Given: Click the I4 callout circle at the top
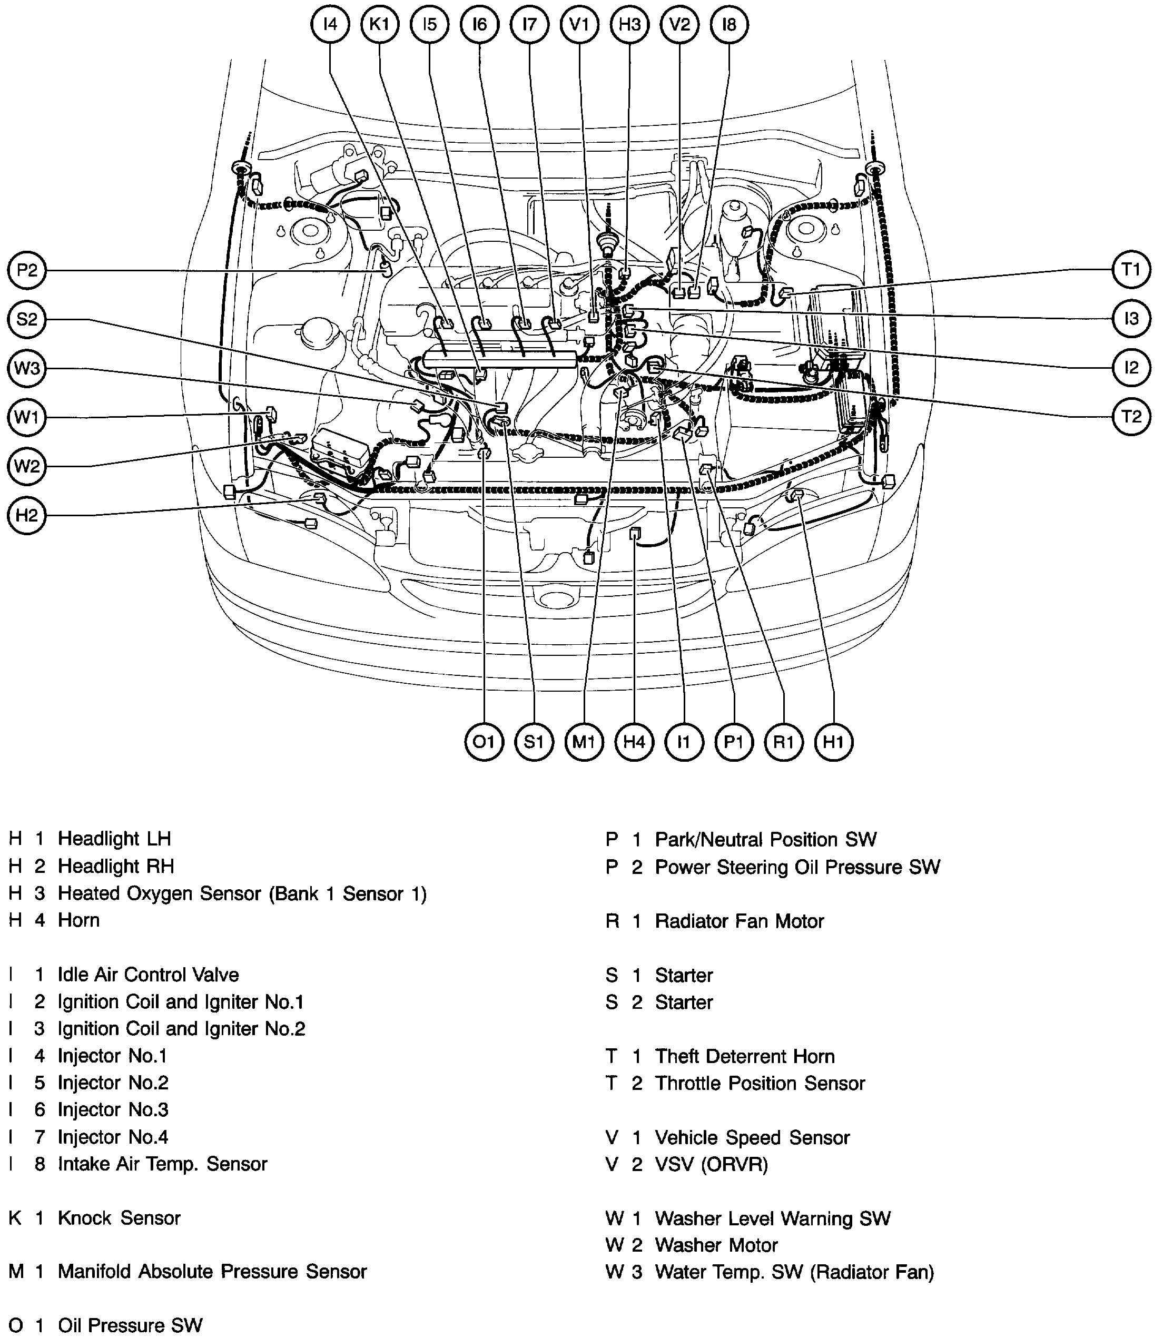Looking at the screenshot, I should tap(330, 25).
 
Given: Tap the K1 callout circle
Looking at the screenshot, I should tap(380, 25).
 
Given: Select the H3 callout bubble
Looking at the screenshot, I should tap(629, 25).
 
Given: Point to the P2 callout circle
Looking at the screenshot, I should tap(27, 270).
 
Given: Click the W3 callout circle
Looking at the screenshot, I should tap(27, 369).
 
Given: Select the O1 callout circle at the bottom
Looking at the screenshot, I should tap(484, 741).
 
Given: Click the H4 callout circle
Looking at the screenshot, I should tap(634, 741).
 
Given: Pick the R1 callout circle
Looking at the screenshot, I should tap(784, 741).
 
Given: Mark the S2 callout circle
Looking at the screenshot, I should tap(27, 319).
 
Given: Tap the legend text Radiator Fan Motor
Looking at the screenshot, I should tap(739, 921).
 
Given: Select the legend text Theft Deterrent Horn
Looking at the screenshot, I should tap(744, 1057).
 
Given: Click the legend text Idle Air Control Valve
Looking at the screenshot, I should tap(148, 975).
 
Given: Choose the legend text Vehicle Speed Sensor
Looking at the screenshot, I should tap(752, 1138).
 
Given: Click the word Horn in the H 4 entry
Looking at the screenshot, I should tap(78, 920).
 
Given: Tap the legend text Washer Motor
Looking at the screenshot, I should tap(716, 1245).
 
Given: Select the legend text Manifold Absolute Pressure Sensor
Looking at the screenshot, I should tap(212, 1272).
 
